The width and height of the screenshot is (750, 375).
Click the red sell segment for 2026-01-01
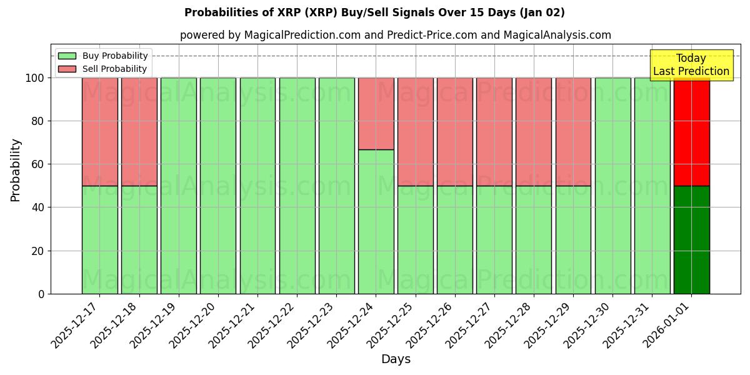click(x=691, y=132)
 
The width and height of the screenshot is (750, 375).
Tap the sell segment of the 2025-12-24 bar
click(x=376, y=114)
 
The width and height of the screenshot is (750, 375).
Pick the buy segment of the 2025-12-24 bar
click(x=376, y=222)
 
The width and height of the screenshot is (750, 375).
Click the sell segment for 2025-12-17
click(x=99, y=132)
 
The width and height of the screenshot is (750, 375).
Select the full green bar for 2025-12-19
click(x=178, y=186)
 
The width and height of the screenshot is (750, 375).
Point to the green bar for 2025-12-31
click(x=652, y=186)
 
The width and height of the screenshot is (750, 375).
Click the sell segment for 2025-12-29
click(x=573, y=132)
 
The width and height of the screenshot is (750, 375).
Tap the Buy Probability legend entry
click(x=102, y=56)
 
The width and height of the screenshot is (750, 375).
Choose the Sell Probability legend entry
click(x=102, y=69)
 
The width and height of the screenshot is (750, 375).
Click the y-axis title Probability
click(x=16, y=170)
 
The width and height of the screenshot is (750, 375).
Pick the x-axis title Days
click(x=396, y=359)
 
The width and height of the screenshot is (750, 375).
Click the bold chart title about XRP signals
click(x=374, y=12)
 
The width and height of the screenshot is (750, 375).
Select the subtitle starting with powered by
click(x=395, y=35)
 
